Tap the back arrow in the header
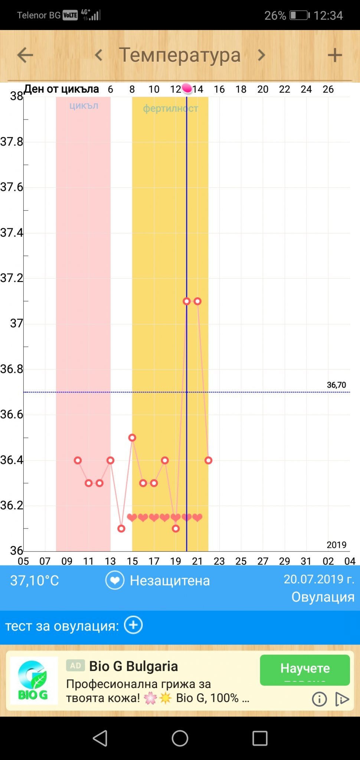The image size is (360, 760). (25, 55)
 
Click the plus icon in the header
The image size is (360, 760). (335, 55)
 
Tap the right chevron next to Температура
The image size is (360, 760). (262, 55)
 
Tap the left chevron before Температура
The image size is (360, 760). (98, 55)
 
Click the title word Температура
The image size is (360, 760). (180, 55)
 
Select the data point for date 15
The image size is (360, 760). (132, 438)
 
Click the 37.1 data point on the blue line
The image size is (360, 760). (187, 301)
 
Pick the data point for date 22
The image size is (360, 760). (208, 461)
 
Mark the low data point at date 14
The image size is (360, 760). (121, 528)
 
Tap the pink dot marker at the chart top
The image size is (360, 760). (187, 88)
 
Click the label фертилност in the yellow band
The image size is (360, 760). (171, 108)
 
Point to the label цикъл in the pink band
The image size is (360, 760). (84, 106)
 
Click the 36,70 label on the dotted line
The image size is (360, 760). (336, 385)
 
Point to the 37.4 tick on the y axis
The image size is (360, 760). (12, 233)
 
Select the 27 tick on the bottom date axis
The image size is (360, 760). (263, 561)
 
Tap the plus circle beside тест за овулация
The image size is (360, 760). (133, 625)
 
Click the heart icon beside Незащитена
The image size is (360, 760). (115, 580)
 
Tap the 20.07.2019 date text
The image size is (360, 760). (319, 579)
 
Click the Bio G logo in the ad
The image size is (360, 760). (33, 681)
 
